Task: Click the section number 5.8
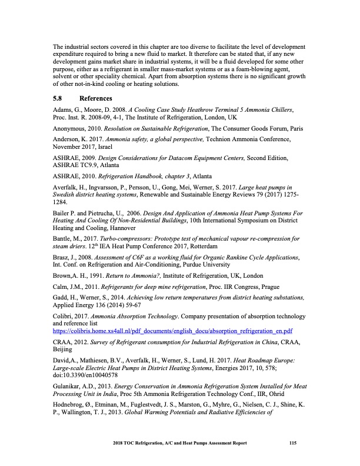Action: [x=59, y=98]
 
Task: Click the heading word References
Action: [x=95, y=98]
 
